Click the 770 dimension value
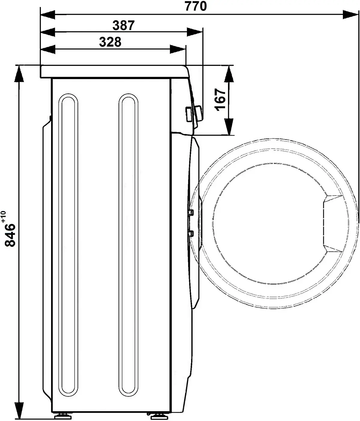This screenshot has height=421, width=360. click(196, 6)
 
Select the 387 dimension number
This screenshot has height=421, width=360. click(124, 26)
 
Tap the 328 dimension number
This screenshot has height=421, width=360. click(110, 42)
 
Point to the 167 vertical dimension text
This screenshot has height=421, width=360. click(220, 100)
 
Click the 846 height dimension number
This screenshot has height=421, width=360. click(10, 235)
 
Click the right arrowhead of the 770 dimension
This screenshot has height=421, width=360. click(350, 14)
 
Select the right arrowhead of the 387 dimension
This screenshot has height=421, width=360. click(194, 32)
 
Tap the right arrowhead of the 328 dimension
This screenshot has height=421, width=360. click(178, 49)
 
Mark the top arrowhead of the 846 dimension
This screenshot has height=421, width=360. click(19, 73)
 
